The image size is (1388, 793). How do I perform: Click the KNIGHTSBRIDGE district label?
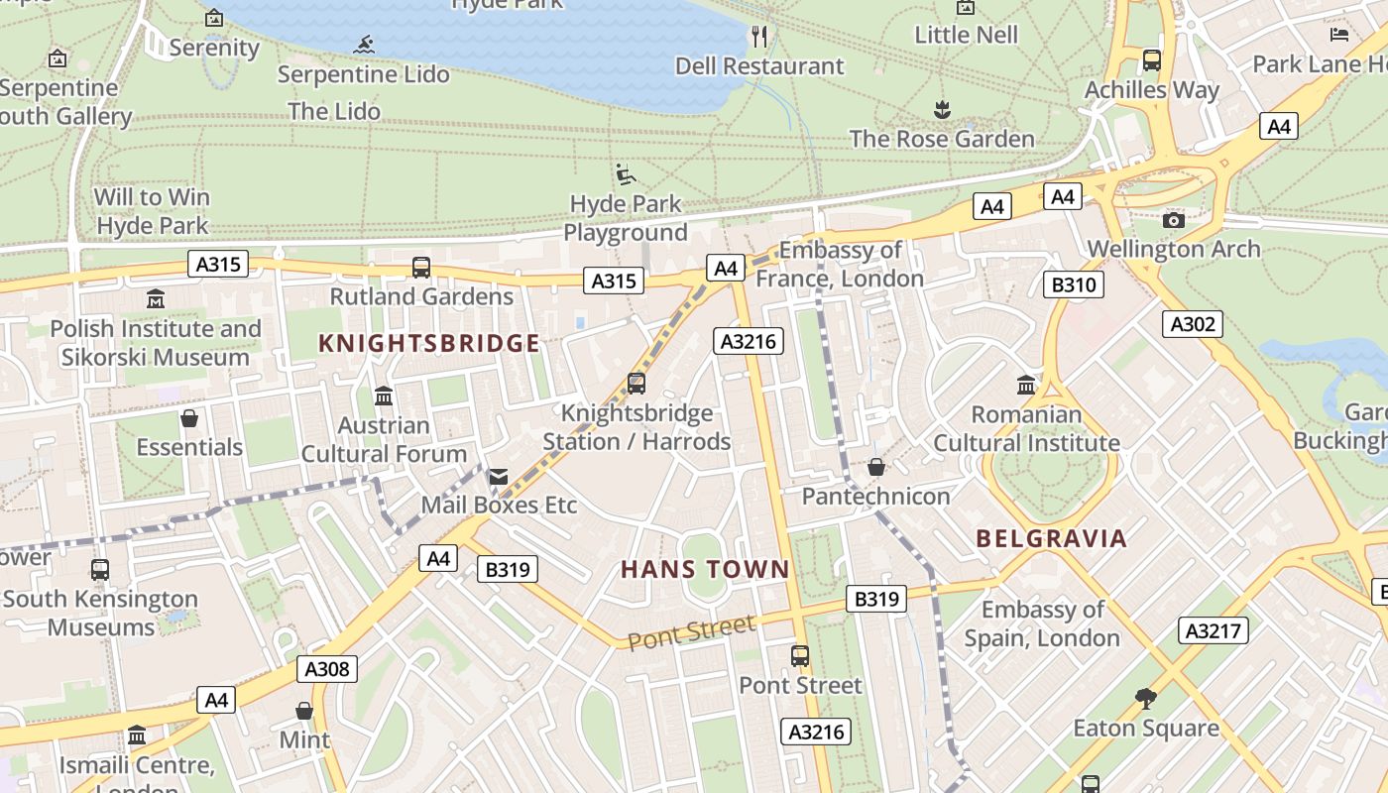[428, 344]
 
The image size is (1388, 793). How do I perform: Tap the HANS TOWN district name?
[705, 569]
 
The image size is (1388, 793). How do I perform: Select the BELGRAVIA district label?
[1052, 538]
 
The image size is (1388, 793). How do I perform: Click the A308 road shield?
[327, 669]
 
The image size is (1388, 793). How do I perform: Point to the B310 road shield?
[1073, 285]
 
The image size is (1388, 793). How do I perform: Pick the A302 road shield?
[1193, 324]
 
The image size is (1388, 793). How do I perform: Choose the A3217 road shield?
[1214, 630]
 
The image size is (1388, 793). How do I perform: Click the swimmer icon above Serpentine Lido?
[364, 45]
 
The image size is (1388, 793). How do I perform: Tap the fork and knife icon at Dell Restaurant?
[759, 37]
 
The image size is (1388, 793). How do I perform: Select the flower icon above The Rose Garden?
[942, 108]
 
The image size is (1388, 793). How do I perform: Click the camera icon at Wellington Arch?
[1174, 220]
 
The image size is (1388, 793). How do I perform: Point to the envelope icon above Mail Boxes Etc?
[499, 478]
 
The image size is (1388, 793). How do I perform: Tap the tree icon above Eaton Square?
[1146, 699]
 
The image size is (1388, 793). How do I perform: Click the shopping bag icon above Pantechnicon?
[875, 467]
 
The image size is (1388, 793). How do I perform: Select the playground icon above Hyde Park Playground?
[625, 174]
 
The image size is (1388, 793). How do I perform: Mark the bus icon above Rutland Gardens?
[421, 267]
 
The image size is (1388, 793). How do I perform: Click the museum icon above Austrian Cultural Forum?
[384, 396]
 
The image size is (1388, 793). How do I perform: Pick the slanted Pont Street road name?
[691, 631]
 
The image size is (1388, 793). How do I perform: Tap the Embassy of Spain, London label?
[1042, 623]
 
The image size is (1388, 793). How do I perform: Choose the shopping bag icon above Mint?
[304, 711]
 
